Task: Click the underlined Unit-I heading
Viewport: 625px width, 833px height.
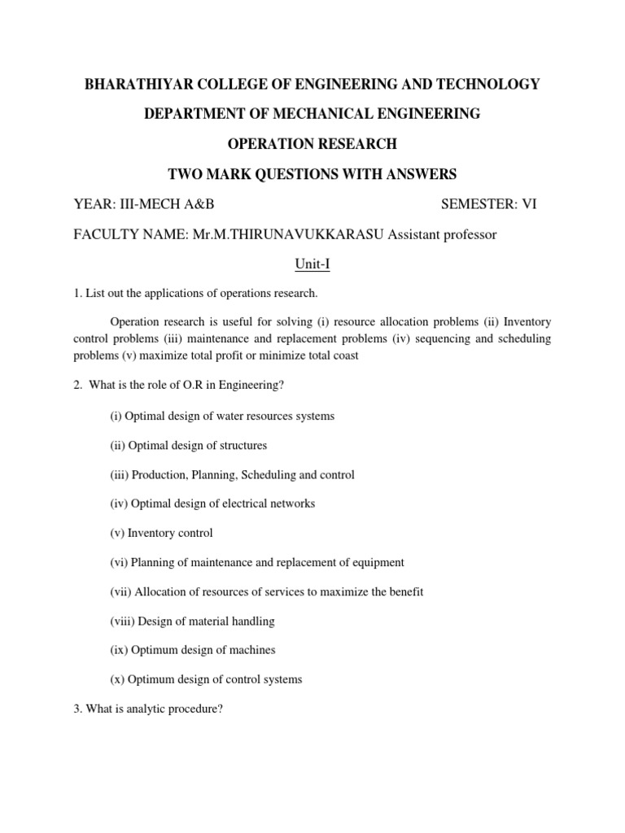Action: coord(312,264)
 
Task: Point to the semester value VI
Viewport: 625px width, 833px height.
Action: coord(529,204)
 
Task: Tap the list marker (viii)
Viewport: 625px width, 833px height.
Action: coord(122,621)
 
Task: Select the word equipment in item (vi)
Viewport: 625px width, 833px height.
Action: coord(375,562)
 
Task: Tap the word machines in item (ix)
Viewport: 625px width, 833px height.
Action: coord(254,650)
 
